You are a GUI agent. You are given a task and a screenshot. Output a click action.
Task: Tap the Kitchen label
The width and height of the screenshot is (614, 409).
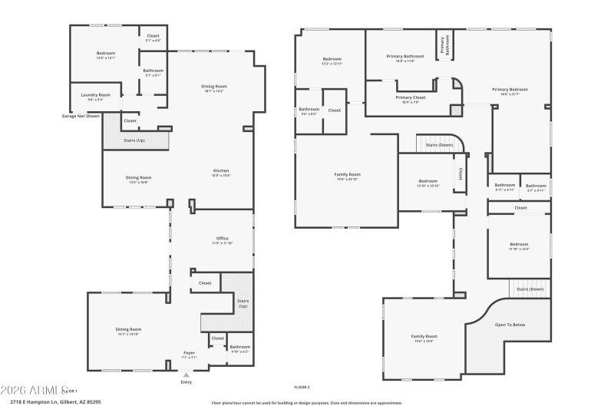[221, 170]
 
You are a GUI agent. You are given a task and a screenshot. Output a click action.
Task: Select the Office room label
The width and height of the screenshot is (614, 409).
[223, 238]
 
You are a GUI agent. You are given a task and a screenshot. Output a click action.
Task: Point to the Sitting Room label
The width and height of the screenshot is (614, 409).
[128, 329]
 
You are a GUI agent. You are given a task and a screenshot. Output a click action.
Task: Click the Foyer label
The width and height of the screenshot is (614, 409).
[188, 353]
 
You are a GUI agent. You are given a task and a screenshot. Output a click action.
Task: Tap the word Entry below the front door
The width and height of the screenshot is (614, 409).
[186, 382]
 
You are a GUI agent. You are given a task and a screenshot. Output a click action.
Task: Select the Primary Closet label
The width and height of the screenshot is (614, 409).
[411, 97]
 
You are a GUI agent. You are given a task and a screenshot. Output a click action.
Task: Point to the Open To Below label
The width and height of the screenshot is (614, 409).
[510, 325]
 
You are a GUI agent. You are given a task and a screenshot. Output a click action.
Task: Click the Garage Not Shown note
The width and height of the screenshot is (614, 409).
[81, 116]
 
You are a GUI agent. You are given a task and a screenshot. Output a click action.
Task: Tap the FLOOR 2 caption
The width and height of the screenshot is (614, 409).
[302, 388]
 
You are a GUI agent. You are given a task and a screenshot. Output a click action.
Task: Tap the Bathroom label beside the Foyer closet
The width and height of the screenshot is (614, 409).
[240, 347]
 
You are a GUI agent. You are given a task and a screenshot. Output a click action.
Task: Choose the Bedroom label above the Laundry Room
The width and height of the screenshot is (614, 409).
[106, 53]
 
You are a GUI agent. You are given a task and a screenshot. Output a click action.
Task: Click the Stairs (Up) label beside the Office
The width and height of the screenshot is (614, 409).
[243, 302]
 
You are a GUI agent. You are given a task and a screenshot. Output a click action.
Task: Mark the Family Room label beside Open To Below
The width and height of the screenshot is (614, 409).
[424, 336]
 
